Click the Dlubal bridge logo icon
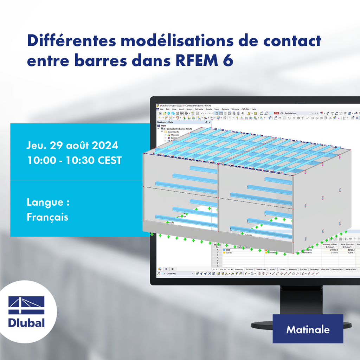tap(26, 305)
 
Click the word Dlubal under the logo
tap(26, 323)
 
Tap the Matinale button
tap(308, 329)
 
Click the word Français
tap(47, 217)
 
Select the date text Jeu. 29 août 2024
tap(72, 145)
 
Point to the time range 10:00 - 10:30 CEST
tap(74, 160)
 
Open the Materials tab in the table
tap(239, 269)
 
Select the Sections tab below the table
tap(249, 269)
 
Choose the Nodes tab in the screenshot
tap(272, 269)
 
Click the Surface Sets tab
tap(350, 269)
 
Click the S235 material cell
tap(228, 250)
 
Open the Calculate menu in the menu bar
tap(199, 109)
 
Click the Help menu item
tap(253, 109)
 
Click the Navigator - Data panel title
tap(165, 122)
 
